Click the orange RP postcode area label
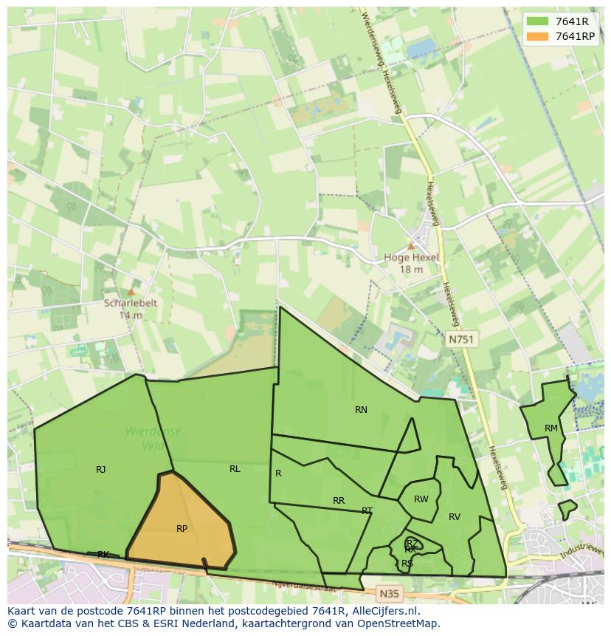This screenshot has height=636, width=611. (x=182, y=528)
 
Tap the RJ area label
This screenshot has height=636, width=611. (x=100, y=469)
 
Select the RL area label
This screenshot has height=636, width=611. (x=235, y=468)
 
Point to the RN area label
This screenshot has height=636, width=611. (x=361, y=409)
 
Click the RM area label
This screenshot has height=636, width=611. (x=551, y=428)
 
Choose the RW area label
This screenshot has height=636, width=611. (x=421, y=499)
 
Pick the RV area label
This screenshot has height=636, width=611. (x=455, y=517)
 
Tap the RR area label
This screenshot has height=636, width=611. (x=339, y=501)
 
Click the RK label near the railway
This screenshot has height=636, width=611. (x=103, y=554)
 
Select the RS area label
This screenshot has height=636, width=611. (x=407, y=563)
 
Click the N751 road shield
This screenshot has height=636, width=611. (x=462, y=339)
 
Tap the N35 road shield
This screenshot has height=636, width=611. (x=389, y=593)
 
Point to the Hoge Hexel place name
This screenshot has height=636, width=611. (x=411, y=258)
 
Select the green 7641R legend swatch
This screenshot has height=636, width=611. (x=537, y=21)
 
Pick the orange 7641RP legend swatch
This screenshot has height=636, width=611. (x=537, y=36)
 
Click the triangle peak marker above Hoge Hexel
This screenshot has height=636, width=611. (x=411, y=246)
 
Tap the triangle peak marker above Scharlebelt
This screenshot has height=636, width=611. (x=131, y=292)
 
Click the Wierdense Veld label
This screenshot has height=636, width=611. (x=153, y=438)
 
